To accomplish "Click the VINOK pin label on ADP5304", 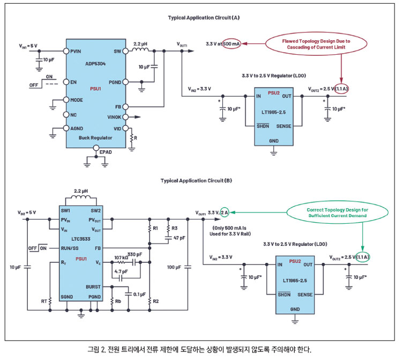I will coord(114,117).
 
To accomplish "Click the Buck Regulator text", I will coord(95,138).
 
